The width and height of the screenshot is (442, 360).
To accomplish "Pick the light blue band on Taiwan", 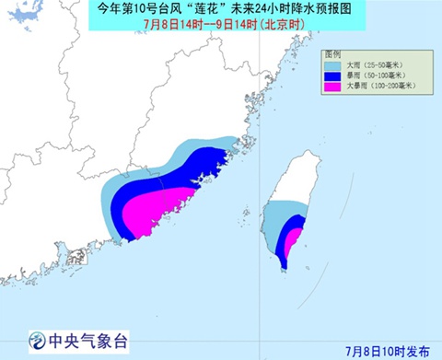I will pos(274,221).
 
